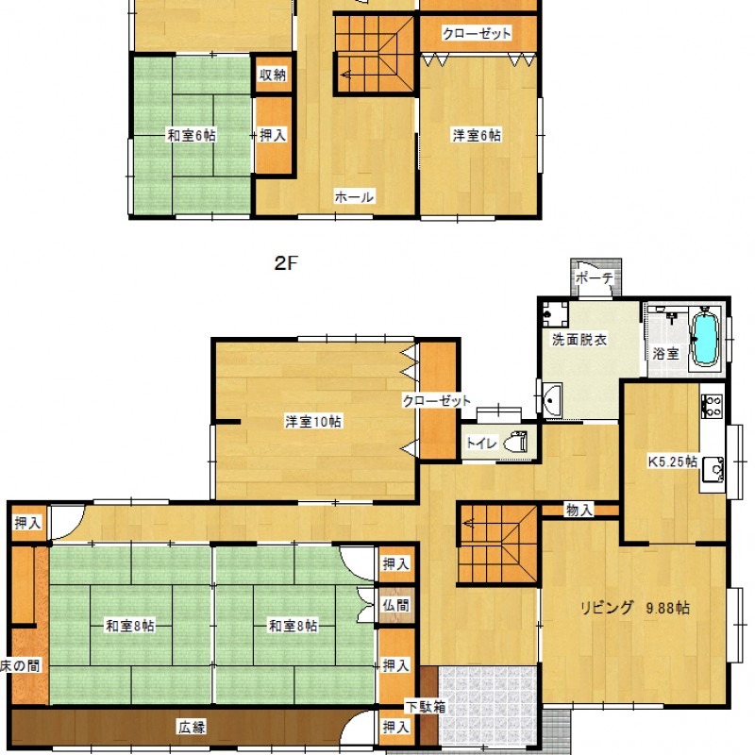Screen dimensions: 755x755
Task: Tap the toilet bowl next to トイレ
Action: [515, 442]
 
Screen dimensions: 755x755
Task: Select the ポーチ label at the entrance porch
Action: [595, 278]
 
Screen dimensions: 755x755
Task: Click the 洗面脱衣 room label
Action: [579, 340]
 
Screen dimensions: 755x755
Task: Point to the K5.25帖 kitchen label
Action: [673, 461]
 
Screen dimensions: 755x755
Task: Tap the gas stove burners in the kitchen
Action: [712, 406]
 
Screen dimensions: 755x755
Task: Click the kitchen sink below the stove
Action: [713, 469]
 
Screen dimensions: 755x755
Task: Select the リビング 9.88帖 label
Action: [634, 608]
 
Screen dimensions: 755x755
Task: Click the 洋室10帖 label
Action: [313, 422]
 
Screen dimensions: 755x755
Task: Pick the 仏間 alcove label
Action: [395, 605]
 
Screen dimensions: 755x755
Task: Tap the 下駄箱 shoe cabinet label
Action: [426, 707]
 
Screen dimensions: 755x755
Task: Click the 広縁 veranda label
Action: [193, 727]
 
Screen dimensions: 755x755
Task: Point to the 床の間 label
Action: [20, 666]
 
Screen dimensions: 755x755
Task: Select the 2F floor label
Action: [286, 263]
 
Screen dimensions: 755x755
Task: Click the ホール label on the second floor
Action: [355, 197]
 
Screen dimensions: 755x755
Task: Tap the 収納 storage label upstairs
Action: [273, 75]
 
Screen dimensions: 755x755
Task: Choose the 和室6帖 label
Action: [192, 135]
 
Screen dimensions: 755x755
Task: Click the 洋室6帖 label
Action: [477, 135]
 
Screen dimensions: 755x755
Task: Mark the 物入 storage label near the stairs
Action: [579, 510]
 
